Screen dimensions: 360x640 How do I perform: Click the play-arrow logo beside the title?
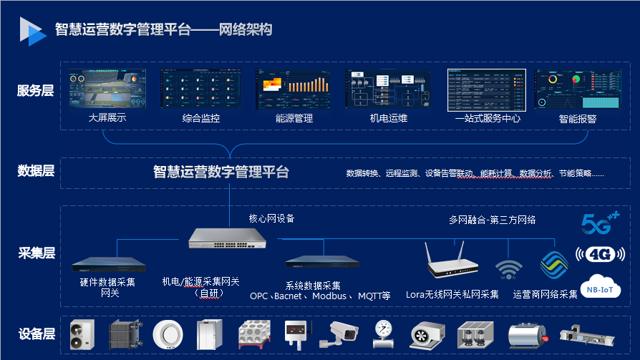[32, 29]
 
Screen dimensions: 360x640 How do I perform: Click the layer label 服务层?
[35, 91]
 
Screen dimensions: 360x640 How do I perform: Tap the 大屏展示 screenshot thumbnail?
[107, 89]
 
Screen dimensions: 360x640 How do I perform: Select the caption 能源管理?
[294, 119]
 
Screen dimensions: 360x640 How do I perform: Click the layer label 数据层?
[35, 171]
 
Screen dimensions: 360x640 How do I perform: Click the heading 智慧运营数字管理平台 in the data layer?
[221, 172]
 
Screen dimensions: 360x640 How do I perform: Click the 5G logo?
[598, 225]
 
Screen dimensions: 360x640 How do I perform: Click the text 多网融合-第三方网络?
[493, 220]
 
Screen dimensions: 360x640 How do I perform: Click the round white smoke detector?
[168, 334]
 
